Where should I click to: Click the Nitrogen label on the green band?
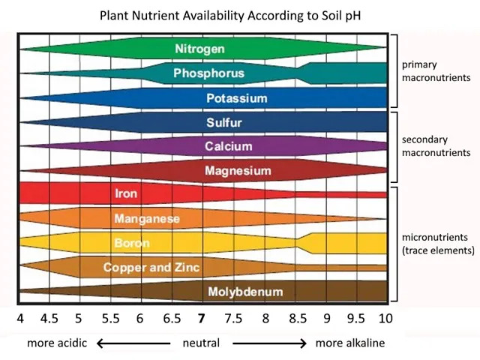pyautogui.click(x=199, y=49)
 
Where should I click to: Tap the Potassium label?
pyautogui.click(x=236, y=98)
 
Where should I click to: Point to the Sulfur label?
pyautogui.click(x=223, y=122)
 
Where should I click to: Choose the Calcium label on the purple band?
pyautogui.click(x=229, y=146)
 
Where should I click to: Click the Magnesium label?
pyautogui.click(x=238, y=171)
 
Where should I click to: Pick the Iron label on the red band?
pyautogui.click(x=126, y=193)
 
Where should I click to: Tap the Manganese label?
pyautogui.click(x=147, y=219)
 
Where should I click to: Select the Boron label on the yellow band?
pyautogui.click(x=131, y=243)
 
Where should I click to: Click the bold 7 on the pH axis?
pyautogui.click(x=202, y=318)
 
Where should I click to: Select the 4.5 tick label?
pyautogui.click(x=49, y=318)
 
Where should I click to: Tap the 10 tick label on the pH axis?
pyautogui.click(x=385, y=318)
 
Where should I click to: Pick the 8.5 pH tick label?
pyautogui.click(x=296, y=318)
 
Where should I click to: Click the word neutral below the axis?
pyautogui.click(x=201, y=343)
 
